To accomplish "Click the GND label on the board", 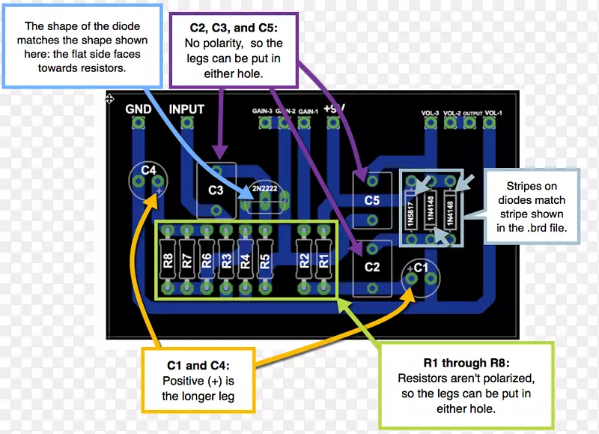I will tap(139, 109).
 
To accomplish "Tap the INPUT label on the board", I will tap(186, 109).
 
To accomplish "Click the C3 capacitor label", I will tap(216, 190).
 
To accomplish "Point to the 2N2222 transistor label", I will tap(265, 188).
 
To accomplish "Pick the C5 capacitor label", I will tap(372, 201).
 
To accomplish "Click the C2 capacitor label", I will tap(372, 266).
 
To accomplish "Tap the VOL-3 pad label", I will tap(430, 113).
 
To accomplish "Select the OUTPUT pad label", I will tap(472, 114).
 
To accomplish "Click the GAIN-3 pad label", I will tap(262, 111).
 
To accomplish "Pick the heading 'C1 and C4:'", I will tap(198, 366).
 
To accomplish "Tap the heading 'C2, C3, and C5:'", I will tap(234, 28).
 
